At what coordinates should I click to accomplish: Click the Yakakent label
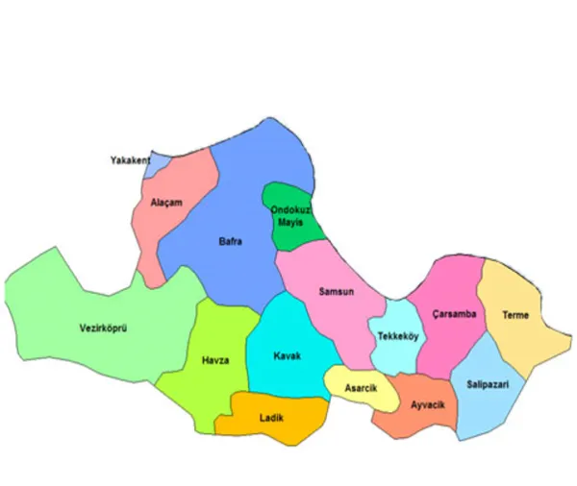[x=130, y=160]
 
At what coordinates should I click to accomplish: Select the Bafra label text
[x=230, y=241]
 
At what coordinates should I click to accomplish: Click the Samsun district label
[x=338, y=292]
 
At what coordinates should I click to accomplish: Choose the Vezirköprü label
[x=104, y=328]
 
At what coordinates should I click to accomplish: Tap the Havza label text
[x=215, y=360]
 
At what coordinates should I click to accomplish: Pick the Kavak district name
[x=287, y=355]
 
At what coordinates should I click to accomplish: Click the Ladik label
[x=271, y=417]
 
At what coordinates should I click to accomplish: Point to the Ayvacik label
[x=427, y=405]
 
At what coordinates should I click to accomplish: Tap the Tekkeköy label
[x=397, y=336]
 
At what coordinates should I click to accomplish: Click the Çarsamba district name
[x=454, y=314]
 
